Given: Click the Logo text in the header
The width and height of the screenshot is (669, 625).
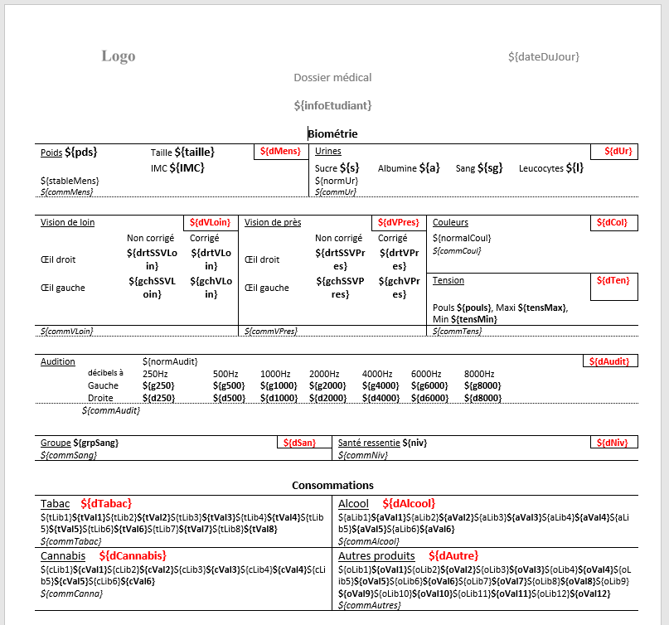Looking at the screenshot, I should (x=119, y=56).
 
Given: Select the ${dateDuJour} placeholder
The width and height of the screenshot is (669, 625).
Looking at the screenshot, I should (x=543, y=56).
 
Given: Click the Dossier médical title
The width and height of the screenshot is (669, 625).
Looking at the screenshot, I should (x=332, y=78).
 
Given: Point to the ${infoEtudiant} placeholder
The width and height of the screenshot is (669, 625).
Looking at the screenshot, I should (x=332, y=105).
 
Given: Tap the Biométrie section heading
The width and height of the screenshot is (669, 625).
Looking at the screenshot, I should (x=332, y=133).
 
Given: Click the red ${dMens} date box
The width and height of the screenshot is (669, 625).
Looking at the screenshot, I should (x=280, y=152).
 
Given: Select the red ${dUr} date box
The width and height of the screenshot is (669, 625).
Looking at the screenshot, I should (x=614, y=152).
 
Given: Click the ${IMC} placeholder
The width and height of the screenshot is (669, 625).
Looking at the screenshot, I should (x=187, y=168).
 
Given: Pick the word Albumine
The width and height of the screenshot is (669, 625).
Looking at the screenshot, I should (x=396, y=168).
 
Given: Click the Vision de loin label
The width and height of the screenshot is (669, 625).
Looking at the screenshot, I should (x=67, y=222).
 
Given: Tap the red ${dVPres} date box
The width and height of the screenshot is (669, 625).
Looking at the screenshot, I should (x=399, y=223).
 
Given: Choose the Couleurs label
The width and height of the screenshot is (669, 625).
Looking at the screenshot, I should (x=450, y=222).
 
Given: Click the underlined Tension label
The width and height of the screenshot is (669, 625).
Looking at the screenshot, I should (x=448, y=280).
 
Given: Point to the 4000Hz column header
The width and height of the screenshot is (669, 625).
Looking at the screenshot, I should (x=377, y=374).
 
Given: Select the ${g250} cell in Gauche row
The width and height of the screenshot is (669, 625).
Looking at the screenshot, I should (x=159, y=385).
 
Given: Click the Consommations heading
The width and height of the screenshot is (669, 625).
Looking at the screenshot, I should (x=332, y=485).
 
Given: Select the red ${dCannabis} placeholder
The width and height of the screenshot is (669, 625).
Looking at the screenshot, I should (x=133, y=555).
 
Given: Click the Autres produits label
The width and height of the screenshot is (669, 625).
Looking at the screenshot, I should (x=376, y=555).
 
